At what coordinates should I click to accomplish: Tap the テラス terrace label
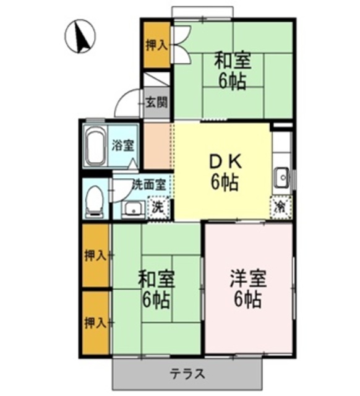pyautogui.click(x=187, y=374)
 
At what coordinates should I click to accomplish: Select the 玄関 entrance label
pyautogui.click(x=156, y=103)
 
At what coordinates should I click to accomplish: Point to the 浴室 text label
pyautogui.click(x=122, y=147)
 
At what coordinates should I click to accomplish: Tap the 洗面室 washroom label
pyautogui.click(x=148, y=184)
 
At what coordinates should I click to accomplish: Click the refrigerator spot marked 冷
pyautogui.click(x=280, y=205)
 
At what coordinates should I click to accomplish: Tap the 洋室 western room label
pyautogui.click(x=247, y=279)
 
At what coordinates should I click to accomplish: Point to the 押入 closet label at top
pyautogui.click(x=156, y=45)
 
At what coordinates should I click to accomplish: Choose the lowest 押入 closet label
pyautogui.click(x=95, y=322)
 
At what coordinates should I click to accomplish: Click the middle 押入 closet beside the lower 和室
pyautogui.click(x=95, y=255)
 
